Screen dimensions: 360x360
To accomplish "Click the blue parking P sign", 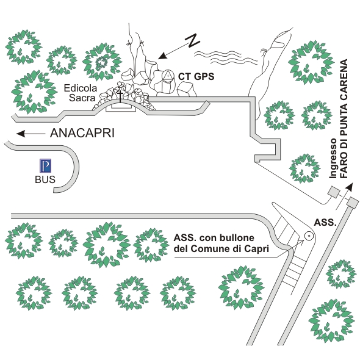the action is pyautogui.click(x=45, y=165).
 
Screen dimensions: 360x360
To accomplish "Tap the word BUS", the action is pyautogui.click(x=45, y=179).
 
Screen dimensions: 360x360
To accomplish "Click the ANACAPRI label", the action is pyautogui.click(x=82, y=133).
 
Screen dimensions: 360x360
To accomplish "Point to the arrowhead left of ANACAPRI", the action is pyautogui.click(x=21, y=134).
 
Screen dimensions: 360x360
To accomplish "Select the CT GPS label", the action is pyautogui.click(x=196, y=76).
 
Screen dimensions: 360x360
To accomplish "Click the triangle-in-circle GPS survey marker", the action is pyautogui.click(x=168, y=76).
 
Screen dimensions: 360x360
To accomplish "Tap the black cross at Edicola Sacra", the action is pyautogui.click(x=120, y=96).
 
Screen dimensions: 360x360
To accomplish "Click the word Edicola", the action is pyautogui.click(x=81, y=88).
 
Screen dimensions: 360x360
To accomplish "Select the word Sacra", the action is pyautogui.click(x=82, y=98).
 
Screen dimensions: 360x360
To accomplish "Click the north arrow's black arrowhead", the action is pyautogui.click(x=162, y=56).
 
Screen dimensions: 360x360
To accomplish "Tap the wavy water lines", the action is pyautogui.click(x=226, y=57).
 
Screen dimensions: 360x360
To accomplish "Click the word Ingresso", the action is pyautogui.click(x=333, y=158).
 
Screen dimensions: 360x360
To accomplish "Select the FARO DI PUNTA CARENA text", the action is pyautogui.click(x=344, y=119).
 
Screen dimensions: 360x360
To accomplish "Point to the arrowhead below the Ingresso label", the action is pyautogui.click(x=349, y=187).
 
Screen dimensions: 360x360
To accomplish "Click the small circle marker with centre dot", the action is pyautogui.click(x=309, y=236).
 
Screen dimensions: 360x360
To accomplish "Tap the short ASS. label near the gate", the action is pyautogui.click(x=325, y=222).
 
